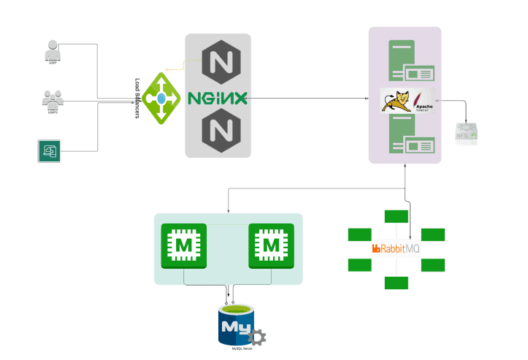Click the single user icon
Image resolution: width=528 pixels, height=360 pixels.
52,50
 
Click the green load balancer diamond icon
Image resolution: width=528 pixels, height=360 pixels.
161,98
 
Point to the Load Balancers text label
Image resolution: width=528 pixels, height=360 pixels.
137,99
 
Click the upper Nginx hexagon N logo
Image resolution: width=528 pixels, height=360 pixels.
218,59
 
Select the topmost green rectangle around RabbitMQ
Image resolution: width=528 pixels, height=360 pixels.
396,216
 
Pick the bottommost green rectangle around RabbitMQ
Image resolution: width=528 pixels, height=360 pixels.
396,283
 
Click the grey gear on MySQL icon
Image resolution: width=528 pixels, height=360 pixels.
256,337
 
